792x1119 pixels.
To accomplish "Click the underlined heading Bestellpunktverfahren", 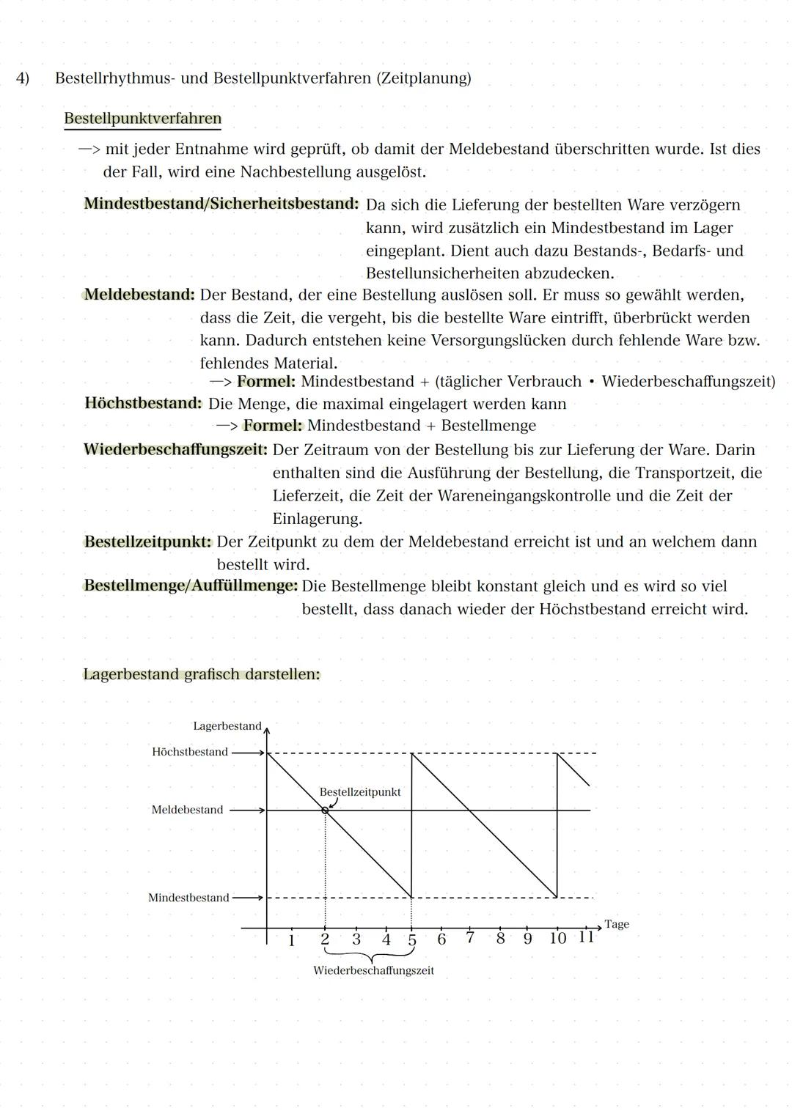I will [x=142, y=119].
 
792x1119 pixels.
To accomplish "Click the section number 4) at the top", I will [x=23, y=78].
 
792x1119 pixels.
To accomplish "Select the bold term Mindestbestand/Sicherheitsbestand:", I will [x=221, y=204].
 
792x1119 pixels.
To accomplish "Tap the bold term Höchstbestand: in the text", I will [x=142, y=403].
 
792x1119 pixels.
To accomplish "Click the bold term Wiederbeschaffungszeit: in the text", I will [x=175, y=449].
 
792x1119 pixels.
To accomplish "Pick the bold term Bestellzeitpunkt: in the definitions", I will [x=147, y=542].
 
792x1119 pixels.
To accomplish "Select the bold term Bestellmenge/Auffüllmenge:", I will [x=191, y=586].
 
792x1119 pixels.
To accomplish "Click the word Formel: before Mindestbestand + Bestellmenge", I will [x=272, y=426].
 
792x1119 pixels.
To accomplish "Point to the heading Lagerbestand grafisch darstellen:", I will [x=201, y=674].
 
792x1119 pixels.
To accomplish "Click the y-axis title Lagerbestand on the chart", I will [x=227, y=726].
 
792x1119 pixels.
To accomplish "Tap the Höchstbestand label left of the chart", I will [x=189, y=752].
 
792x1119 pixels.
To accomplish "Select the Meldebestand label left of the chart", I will [x=187, y=810].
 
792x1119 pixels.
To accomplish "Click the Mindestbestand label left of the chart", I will [x=188, y=898].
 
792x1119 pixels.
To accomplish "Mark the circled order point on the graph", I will [x=324, y=810].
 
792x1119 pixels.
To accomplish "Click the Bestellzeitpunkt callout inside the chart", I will [x=359, y=792].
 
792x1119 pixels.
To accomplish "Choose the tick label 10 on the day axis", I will [x=557, y=939].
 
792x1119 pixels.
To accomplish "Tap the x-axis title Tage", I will [x=616, y=924].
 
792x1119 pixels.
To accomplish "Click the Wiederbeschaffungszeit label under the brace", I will [x=373, y=971].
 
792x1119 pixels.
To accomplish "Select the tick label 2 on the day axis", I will [x=325, y=939].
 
